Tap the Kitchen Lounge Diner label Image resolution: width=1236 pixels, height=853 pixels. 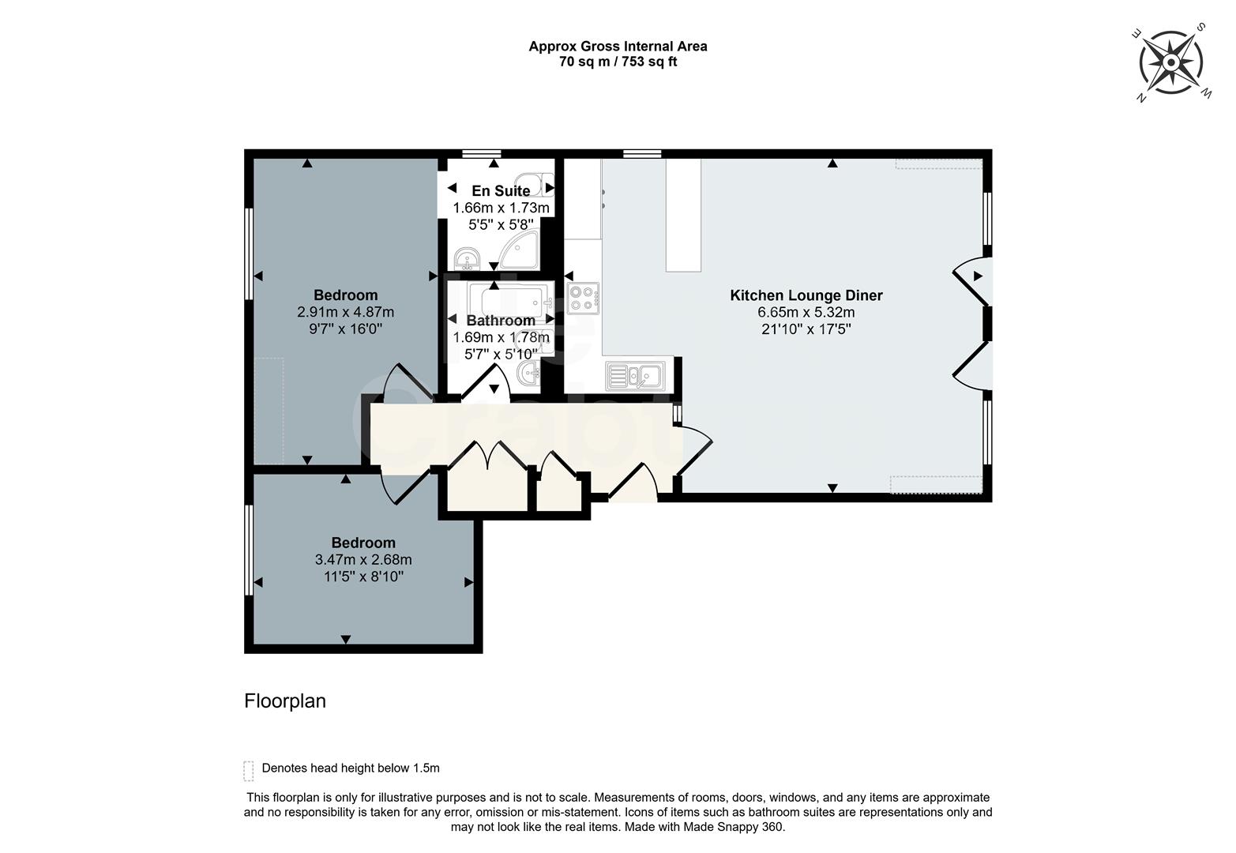tap(806, 295)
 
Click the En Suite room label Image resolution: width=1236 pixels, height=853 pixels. tap(501, 191)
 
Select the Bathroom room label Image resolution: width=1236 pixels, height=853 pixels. tap(501, 321)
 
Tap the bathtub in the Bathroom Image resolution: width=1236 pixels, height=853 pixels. tap(505, 300)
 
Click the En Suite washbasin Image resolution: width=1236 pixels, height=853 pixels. tap(467, 258)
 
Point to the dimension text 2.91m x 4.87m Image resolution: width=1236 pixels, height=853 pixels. tap(345, 312)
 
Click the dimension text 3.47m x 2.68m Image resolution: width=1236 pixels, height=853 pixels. tap(363, 560)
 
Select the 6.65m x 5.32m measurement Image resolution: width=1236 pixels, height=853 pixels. tap(806, 312)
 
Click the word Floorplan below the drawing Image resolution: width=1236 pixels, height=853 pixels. tap(285, 701)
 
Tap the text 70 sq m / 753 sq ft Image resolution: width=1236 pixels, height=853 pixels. tap(618, 62)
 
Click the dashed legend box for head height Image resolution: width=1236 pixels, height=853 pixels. tap(249, 770)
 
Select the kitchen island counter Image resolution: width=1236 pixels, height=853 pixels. tap(683, 216)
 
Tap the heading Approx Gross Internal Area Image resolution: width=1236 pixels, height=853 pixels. tap(618, 46)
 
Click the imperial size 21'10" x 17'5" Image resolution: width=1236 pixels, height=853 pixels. tap(806, 329)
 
